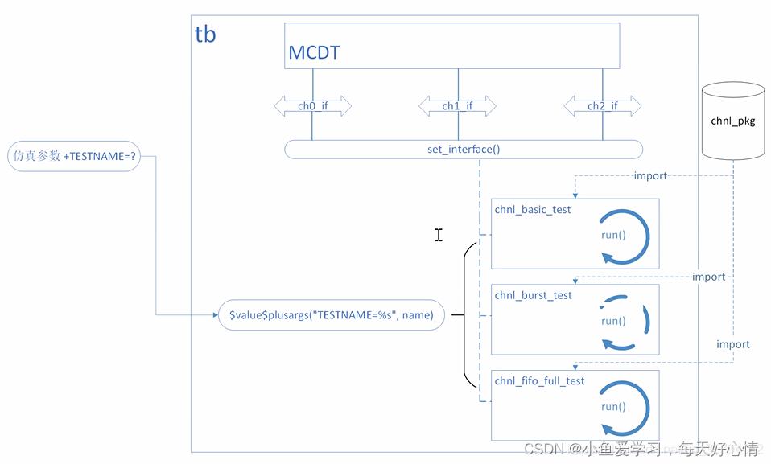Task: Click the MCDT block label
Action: pos(314,54)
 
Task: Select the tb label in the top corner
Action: pos(205,35)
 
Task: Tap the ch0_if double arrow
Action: pos(312,105)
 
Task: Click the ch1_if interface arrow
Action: pos(457,105)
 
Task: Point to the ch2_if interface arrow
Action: pos(602,105)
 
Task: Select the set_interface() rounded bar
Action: pos(464,150)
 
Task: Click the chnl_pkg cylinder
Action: pos(732,121)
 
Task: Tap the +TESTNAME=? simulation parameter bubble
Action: pos(73,157)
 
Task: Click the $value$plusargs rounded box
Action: pos(331,316)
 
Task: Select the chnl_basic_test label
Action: pos(533,210)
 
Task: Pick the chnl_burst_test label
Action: pos(534,295)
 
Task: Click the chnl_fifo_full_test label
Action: pos(540,381)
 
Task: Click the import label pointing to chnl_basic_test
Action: pos(650,175)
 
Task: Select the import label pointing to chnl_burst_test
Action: pos(708,277)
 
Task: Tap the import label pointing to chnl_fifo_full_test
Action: pos(732,344)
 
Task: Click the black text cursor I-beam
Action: pos(439,235)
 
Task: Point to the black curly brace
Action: pos(465,316)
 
